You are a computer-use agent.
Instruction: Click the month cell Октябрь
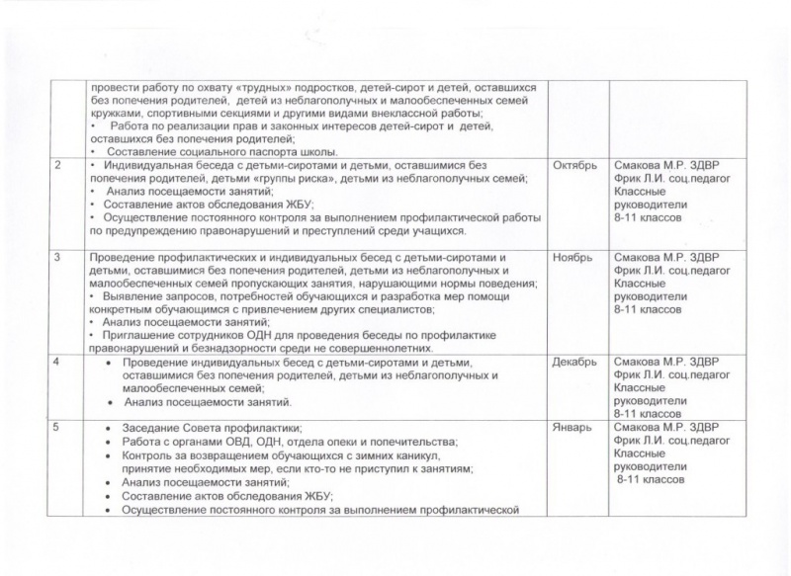tap(574, 164)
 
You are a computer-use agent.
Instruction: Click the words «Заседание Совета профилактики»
tap(194, 428)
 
